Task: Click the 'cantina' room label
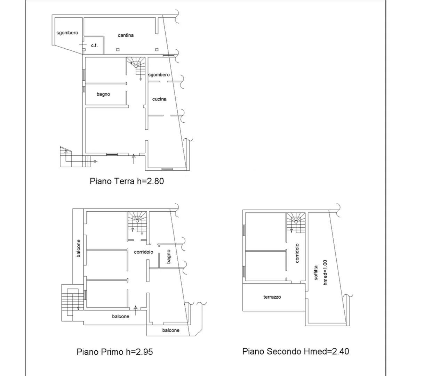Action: (126, 35)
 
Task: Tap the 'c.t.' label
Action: (94, 45)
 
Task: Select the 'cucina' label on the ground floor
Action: (159, 99)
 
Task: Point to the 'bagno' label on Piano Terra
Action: (103, 94)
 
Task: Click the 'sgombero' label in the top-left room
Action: (67, 33)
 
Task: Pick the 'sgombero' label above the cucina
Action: (159, 75)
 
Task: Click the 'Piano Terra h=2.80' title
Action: (127, 181)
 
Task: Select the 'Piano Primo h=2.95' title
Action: (115, 352)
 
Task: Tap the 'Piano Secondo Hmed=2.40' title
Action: (296, 351)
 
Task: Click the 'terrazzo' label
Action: (272, 297)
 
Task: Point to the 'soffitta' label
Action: (316, 273)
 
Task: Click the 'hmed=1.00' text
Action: (325, 273)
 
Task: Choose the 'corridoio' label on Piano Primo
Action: (144, 252)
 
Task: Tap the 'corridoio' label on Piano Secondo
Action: (297, 253)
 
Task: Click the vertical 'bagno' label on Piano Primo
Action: (168, 257)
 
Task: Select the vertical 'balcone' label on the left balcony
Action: (79, 248)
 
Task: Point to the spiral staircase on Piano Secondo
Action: (296, 222)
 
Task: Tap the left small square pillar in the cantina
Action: (118, 50)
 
